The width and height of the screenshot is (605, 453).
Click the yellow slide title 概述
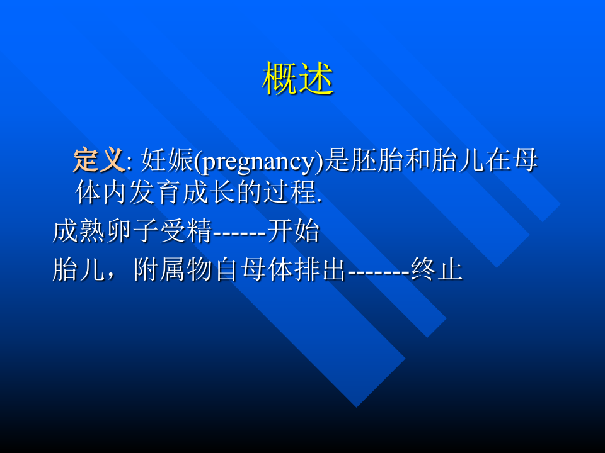click(297, 79)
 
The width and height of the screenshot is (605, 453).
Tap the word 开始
click(293, 232)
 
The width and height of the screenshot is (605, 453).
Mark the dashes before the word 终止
click(378, 272)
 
